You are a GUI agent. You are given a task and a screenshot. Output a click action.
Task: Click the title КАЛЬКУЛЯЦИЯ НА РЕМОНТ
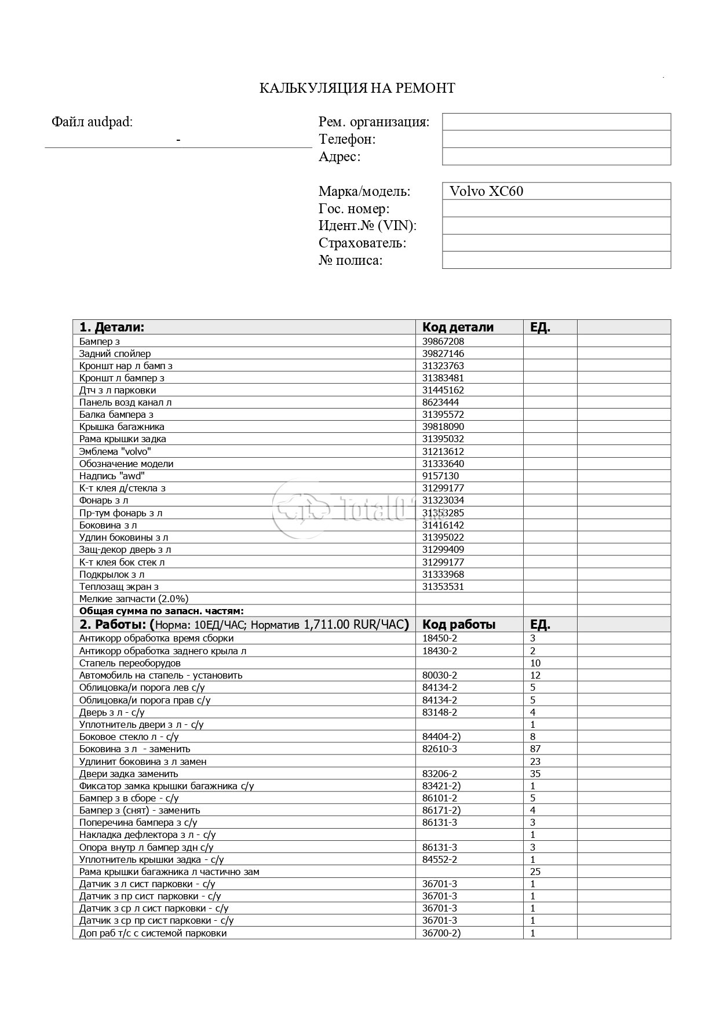[357, 88]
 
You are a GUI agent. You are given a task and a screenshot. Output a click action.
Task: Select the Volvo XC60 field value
[486, 191]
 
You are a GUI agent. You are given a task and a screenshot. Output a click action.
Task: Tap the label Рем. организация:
[374, 122]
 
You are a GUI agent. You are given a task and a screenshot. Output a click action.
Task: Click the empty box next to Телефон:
[556, 139]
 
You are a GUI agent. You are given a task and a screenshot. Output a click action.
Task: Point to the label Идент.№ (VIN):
[367, 225]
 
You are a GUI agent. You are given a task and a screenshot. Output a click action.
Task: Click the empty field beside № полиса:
[556, 260]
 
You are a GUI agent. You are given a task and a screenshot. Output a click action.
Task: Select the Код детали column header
[458, 327]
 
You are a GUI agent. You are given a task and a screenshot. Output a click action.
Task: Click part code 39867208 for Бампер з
[443, 341]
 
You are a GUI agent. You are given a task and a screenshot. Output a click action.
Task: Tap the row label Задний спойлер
[115, 353]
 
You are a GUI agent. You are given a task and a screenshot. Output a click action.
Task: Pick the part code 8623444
[440, 402]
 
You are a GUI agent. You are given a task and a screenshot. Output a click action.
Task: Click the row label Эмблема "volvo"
[115, 451]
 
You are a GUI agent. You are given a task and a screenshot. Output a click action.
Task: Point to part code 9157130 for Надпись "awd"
[440, 476]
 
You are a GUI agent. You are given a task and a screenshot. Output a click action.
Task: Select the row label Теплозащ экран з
[119, 586]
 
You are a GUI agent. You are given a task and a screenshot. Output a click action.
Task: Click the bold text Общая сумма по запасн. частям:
[161, 611]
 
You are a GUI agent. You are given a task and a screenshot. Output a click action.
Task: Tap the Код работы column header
[459, 625]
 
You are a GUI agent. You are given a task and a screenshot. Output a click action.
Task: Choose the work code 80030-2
[440, 675]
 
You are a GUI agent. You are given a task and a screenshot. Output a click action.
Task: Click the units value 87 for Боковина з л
[535, 749]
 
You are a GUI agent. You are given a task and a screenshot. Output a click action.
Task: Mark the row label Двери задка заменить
[129, 774]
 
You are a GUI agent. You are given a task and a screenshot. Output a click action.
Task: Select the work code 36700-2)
[441, 933]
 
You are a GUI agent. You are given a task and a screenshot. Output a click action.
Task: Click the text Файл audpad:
[92, 122]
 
